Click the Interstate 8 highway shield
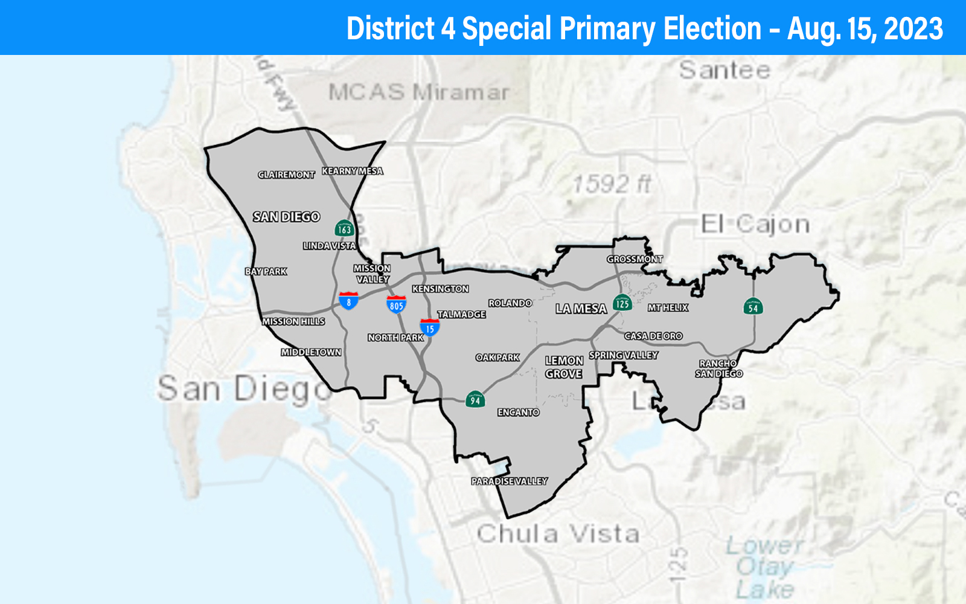point(348,300)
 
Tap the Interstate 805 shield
point(396,304)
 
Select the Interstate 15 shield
point(429,327)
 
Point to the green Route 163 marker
point(344,228)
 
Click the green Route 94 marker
point(475,399)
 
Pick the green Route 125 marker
point(622,303)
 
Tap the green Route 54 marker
point(753,307)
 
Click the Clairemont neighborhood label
point(286,175)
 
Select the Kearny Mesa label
point(353,171)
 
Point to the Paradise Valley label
point(510,481)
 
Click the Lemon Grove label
point(564,367)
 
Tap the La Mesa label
point(581,309)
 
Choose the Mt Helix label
point(668,307)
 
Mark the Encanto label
point(518,413)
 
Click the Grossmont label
point(635,259)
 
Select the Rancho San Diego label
point(718,368)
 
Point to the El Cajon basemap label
point(755,225)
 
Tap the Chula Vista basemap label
point(558,534)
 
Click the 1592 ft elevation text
point(611,184)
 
